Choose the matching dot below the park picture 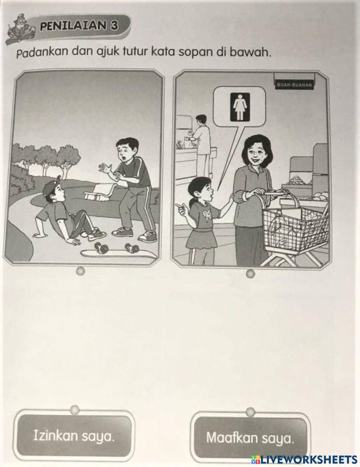pyautogui.click(x=80, y=271)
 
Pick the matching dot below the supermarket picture pyautogui.click(x=251, y=273)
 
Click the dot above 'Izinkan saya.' pyautogui.click(x=75, y=409)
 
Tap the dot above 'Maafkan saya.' pyautogui.click(x=250, y=411)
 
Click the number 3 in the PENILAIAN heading pyautogui.click(x=114, y=26)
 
